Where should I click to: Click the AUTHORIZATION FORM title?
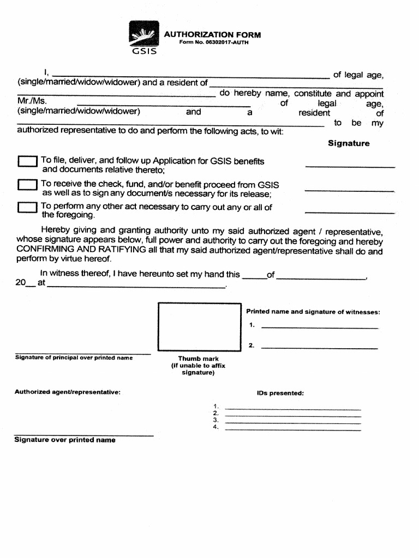[212, 35]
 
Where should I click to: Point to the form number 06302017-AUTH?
[213, 43]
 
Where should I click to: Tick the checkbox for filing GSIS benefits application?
[27, 162]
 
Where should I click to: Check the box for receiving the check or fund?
[27, 185]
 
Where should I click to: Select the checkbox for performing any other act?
[27, 208]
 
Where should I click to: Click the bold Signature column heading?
[348, 143]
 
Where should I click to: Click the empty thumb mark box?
[199, 327]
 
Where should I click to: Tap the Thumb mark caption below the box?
[198, 359]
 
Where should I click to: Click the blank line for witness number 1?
[319, 327]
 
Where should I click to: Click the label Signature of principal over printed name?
[74, 358]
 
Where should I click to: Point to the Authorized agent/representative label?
[68, 392]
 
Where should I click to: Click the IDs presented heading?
[280, 393]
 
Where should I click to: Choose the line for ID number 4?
[293, 429]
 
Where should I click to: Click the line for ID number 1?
[293, 408]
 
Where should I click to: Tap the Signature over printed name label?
[65, 440]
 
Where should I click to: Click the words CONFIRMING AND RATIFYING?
[81, 250]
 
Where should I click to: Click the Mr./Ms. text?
[32, 101]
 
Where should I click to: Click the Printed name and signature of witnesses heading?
[313, 312]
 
